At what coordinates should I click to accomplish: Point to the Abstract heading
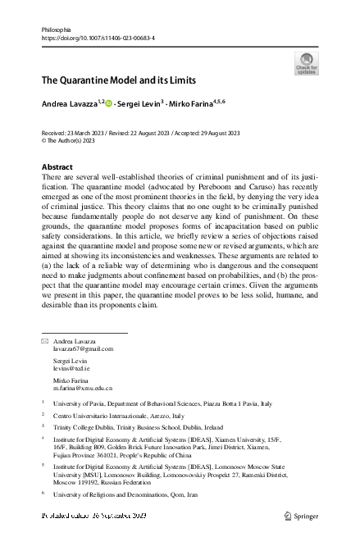(57, 166)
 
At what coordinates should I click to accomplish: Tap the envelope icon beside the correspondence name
(45, 340)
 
